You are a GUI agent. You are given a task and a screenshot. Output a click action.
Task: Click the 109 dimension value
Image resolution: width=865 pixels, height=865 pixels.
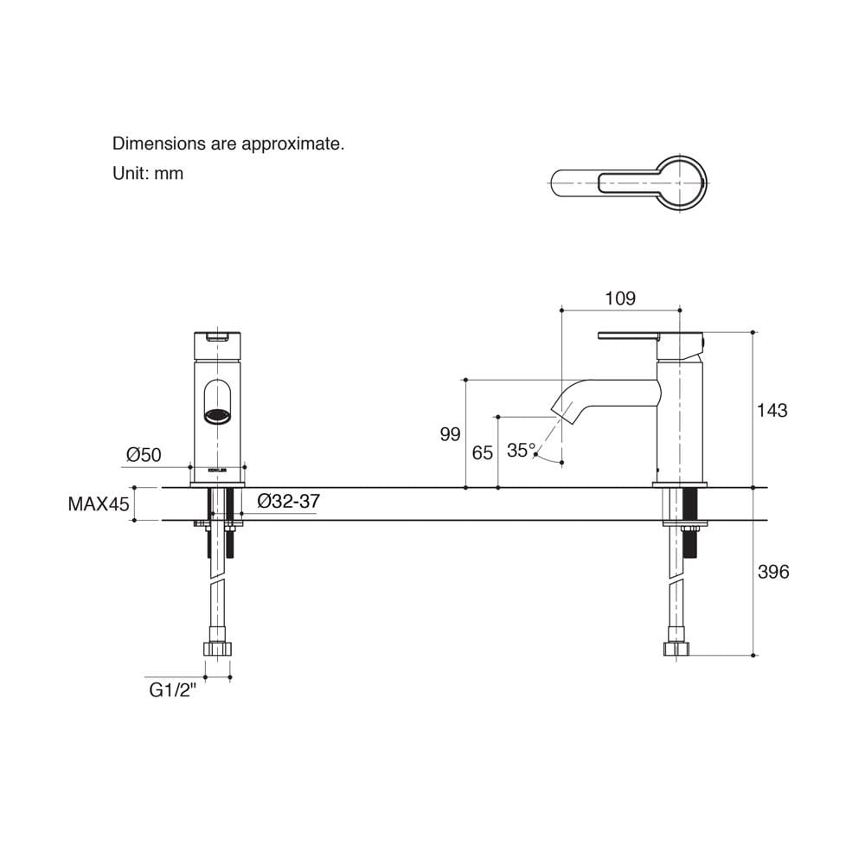point(620,298)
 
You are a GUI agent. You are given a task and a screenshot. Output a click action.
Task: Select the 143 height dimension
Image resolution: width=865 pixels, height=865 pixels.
point(772,410)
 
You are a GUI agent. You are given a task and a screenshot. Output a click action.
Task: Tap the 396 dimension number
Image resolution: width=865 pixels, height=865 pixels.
point(772,572)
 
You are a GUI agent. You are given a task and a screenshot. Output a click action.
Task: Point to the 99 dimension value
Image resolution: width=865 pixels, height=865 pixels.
point(450,435)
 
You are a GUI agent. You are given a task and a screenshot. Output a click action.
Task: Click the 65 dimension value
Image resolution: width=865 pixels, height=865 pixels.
point(482,453)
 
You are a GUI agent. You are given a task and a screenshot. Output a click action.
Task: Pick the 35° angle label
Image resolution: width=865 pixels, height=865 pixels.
point(522,450)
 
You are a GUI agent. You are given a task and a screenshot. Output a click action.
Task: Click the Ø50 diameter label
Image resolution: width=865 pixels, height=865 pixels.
point(144,455)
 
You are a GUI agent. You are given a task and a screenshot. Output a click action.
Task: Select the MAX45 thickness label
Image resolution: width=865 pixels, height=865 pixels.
point(99,503)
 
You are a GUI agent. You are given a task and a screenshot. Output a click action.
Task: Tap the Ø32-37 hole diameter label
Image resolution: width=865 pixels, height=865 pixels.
point(289,501)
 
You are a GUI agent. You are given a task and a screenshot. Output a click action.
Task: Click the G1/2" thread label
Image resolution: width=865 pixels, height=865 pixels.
point(173,690)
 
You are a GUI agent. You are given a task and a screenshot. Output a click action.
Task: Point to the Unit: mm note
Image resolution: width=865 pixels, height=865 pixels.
point(148,173)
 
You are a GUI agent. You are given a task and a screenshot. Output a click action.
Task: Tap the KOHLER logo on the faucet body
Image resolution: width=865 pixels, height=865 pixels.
point(217,471)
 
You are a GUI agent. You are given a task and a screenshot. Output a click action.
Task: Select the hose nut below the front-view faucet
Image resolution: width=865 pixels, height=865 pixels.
point(217,648)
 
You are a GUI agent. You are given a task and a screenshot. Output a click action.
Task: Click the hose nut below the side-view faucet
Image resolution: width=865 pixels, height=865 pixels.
point(676,648)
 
